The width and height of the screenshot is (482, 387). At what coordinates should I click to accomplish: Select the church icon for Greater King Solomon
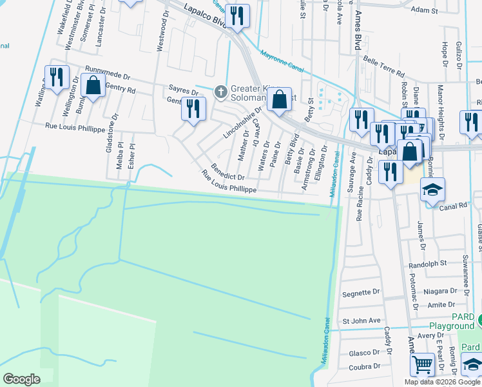point(220,92)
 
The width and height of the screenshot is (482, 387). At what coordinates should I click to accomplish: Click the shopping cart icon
point(422,364)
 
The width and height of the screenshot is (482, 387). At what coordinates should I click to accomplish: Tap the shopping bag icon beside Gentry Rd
point(93,86)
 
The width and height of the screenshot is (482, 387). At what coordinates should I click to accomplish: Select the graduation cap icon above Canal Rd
point(432,190)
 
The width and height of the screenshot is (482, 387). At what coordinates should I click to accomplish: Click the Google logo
point(21,379)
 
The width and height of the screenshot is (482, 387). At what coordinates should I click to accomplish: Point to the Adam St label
point(424,10)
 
